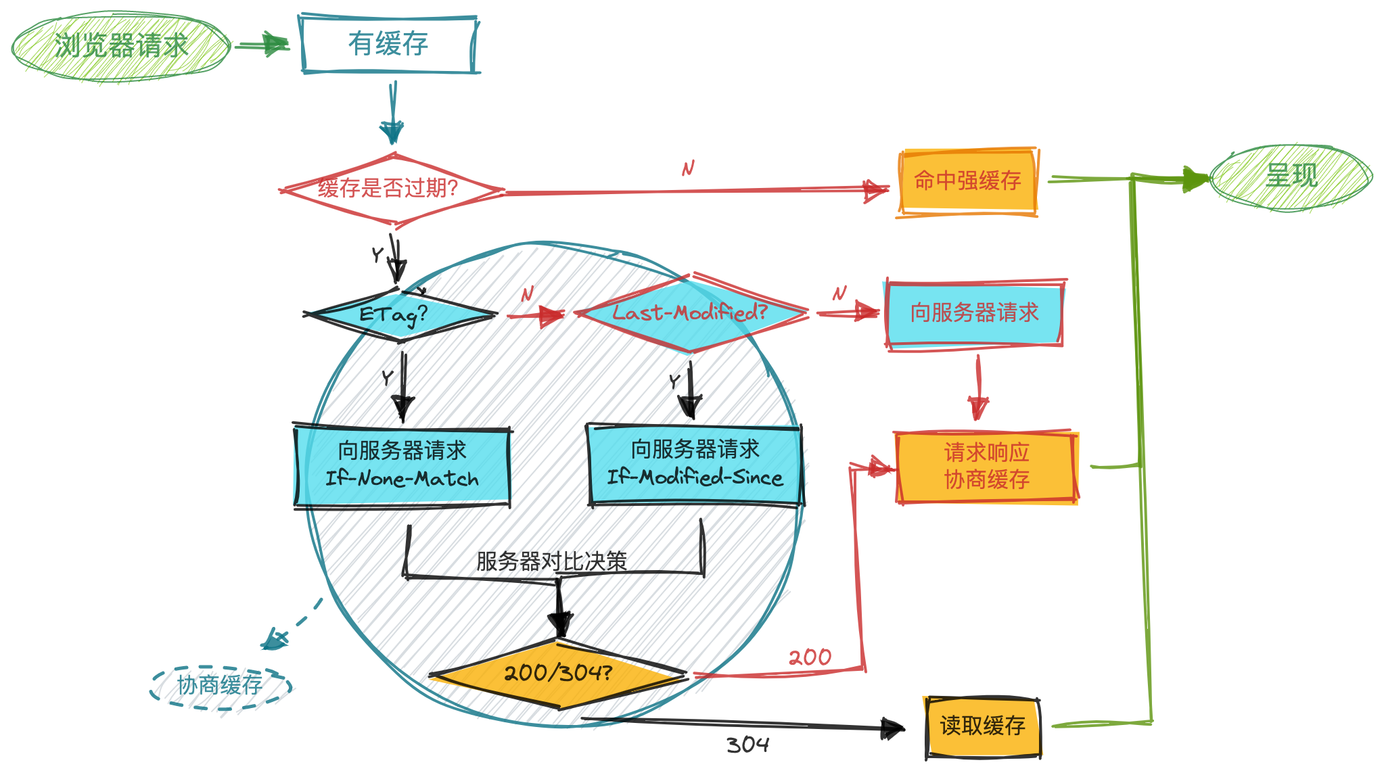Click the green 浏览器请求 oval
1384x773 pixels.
click(x=120, y=46)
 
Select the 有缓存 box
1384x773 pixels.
click(x=388, y=45)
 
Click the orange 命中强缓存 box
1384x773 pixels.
click(x=967, y=181)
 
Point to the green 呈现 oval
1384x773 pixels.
click(x=1291, y=177)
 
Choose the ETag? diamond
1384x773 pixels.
click(x=399, y=314)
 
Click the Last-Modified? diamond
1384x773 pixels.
click(x=690, y=313)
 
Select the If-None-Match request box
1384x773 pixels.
click(x=402, y=465)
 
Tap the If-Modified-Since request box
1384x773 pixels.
click(x=695, y=464)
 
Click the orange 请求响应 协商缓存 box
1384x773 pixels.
click(x=986, y=467)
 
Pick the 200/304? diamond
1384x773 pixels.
click(x=558, y=674)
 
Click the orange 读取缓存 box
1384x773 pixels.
click(x=982, y=726)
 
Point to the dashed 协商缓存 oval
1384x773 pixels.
click(x=220, y=686)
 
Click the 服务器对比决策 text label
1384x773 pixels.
click(x=551, y=561)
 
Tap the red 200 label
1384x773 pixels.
click(x=810, y=657)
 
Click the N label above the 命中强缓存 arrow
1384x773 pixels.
click(x=688, y=168)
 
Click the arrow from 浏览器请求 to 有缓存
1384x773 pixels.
click(x=263, y=45)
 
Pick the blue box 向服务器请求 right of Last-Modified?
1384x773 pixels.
click(x=974, y=313)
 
